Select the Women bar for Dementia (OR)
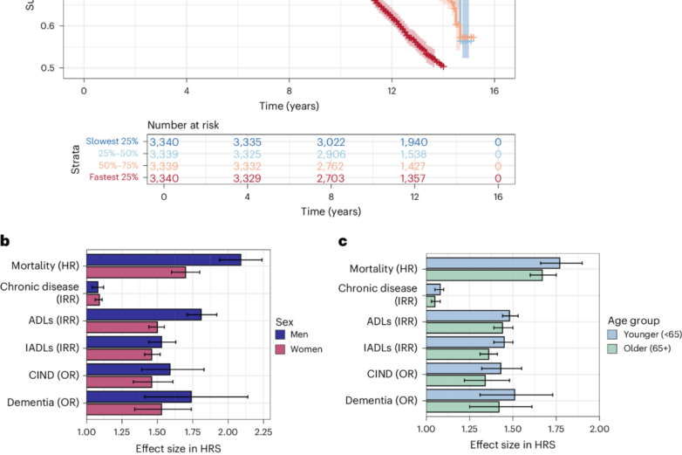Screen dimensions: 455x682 click(x=124, y=408)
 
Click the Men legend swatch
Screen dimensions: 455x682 click(x=280, y=334)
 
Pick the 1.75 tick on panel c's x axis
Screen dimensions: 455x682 click(x=556, y=431)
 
